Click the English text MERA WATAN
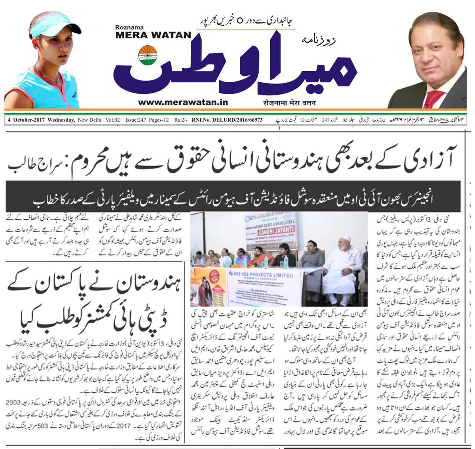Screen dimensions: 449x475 (x=153, y=35)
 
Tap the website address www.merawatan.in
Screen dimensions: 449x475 (x=183, y=102)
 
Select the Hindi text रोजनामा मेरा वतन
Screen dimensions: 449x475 (x=289, y=103)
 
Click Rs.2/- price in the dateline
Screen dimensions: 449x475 (x=181, y=120)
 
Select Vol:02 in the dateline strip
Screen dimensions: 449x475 (x=113, y=120)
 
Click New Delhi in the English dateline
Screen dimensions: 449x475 (x=89, y=120)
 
